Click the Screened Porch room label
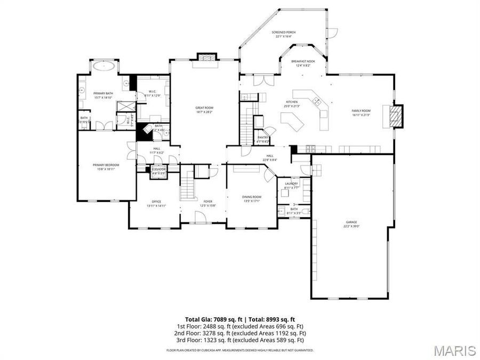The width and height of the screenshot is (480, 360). click(285, 34)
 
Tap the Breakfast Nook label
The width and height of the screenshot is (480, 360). click(303, 63)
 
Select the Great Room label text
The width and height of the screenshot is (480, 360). click(204, 110)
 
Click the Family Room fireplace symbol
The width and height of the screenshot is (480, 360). click(395, 116)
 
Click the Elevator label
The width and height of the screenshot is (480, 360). click(158, 171)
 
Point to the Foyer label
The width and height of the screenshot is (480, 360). click(207, 203)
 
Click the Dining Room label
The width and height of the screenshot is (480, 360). click(252, 198)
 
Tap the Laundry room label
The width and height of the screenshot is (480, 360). click(291, 186)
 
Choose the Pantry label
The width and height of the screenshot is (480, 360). click(263, 139)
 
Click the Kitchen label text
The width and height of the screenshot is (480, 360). click(291, 103)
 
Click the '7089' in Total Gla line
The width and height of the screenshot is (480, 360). click(219, 318)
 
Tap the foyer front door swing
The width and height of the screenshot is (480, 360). click(200, 216)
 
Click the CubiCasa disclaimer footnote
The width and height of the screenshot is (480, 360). click(239, 350)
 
